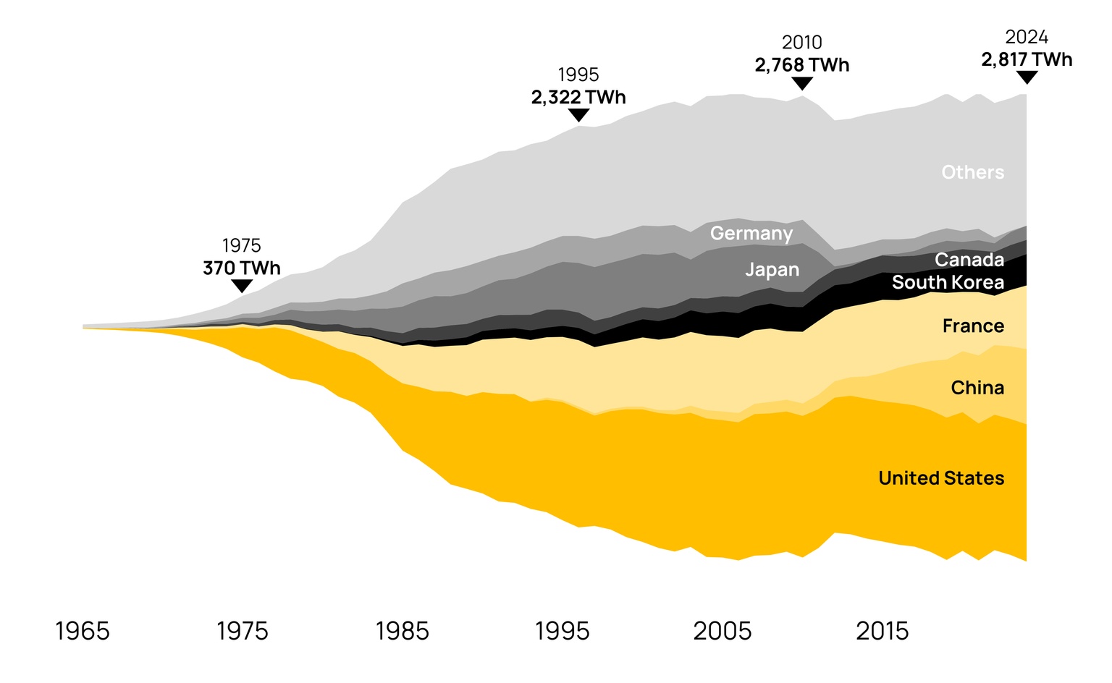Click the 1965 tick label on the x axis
[x=83, y=632]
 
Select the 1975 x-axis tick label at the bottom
[x=243, y=632]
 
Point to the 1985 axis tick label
[x=402, y=632]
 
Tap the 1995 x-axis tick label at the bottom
[x=562, y=632]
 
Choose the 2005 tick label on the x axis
[x=722, y=632]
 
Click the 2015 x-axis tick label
[x=882, y=632]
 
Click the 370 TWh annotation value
[x=241, y=268]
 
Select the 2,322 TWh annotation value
[x=578, y=98]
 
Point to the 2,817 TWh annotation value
[x=1027, y=60]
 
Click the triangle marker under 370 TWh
[x=241, y=286]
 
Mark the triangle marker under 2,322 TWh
[x=578, y=115]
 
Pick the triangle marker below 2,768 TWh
[x=802, y=83]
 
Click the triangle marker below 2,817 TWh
[x=1027, y=77]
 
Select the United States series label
[x=941, y=478]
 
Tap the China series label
[x=977, y=388]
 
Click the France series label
[x=973, y=326]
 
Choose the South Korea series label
[x=948, y=282]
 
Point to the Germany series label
[x=751, y=234]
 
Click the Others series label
[x=972, y=172]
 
